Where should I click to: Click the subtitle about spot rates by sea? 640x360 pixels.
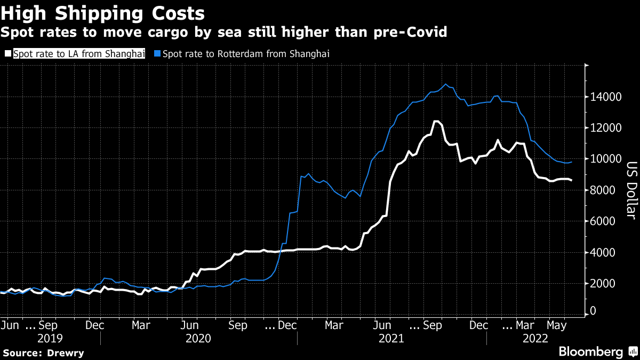click(223, 33)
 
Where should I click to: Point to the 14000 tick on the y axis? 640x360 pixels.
click(605, 97)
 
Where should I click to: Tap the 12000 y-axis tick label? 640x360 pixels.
click(605, 128)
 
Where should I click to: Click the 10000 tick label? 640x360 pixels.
click(605, 159)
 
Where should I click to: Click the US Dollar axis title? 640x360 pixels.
click(631, 190)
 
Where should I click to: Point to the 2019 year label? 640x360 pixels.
click(50, 338)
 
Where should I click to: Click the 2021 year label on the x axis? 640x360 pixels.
click(391, 338)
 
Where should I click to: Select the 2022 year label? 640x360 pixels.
click(535, 338)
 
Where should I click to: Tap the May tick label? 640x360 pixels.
click(557, 324)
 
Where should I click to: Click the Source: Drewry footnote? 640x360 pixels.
click(43, 353)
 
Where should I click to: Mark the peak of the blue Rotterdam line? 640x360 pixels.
click(446, 84)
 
